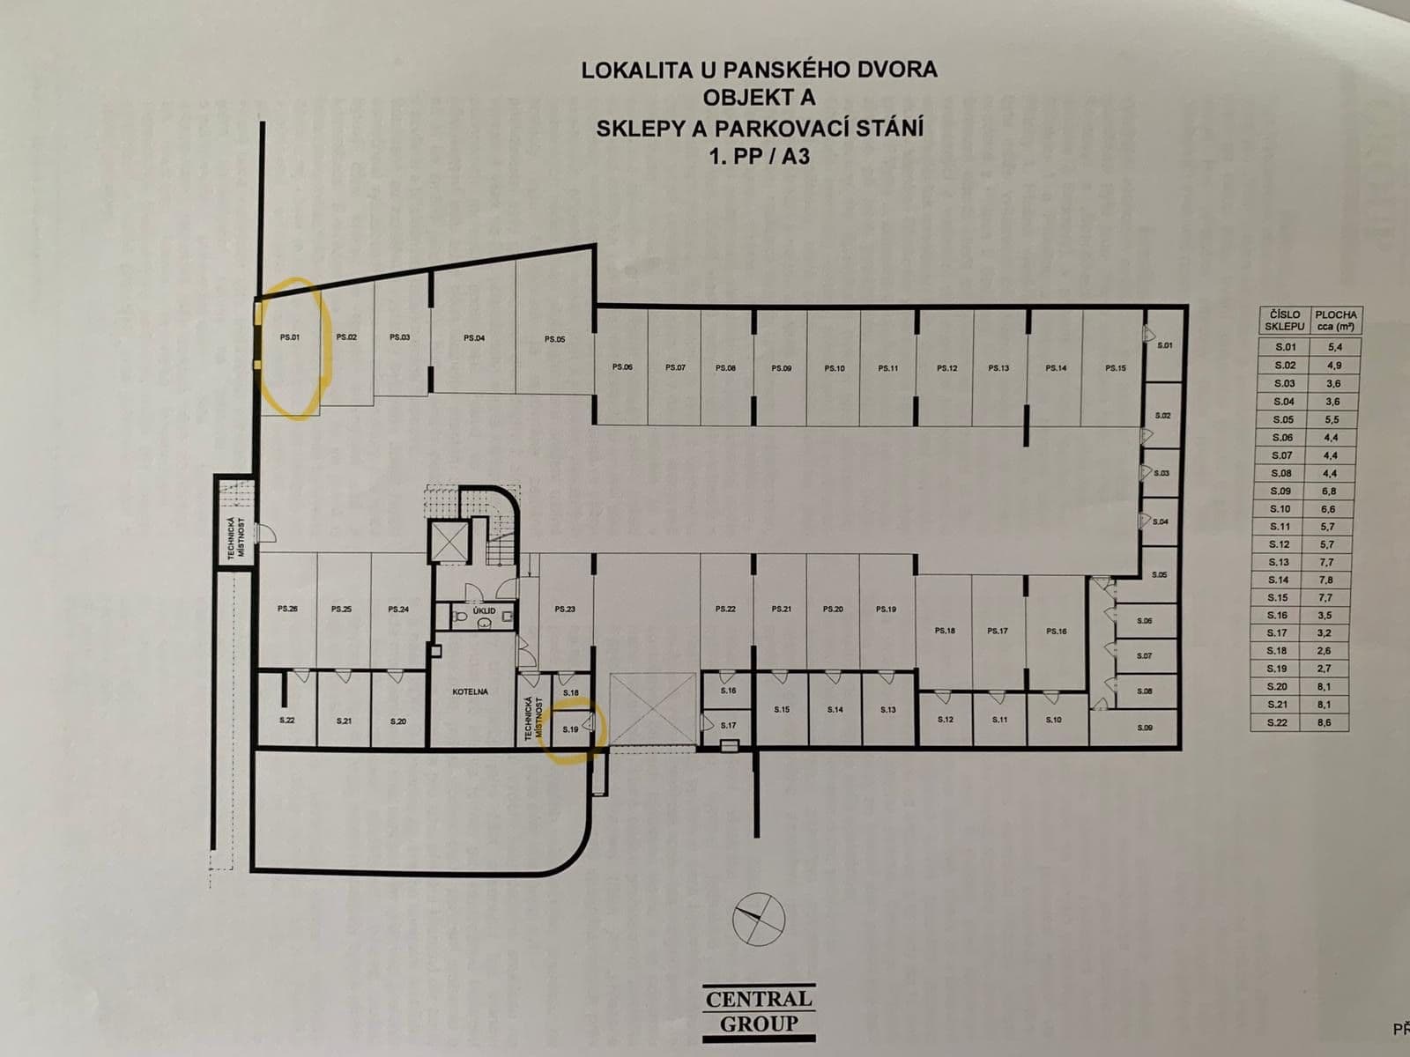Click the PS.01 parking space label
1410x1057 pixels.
coord(291,336)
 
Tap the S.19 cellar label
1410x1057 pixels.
coord(569,728)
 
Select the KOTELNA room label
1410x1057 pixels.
coord(470,691)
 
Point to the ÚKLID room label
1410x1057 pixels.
coord(484,610)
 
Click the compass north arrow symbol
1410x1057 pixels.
coord(758,919)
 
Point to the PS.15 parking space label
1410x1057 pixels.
coord(1115,367)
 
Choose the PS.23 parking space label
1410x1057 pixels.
coord(565,609)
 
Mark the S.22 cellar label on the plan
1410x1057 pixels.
coord(286,721)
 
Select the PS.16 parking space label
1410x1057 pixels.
coord(1056,631)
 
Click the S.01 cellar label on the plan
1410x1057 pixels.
coord(1164,345)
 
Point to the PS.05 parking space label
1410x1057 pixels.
coord(554,338)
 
